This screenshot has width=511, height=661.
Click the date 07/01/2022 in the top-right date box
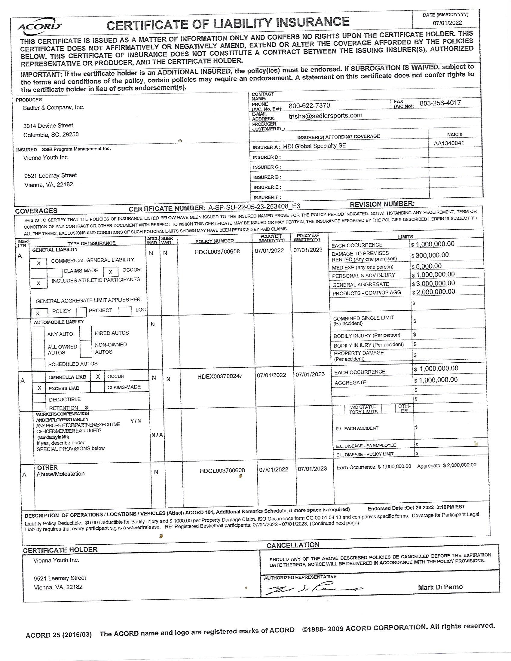(x=447, y=23)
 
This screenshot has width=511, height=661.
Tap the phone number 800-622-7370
(x=309, y=105)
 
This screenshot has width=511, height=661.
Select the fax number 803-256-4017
(x=440, y=103)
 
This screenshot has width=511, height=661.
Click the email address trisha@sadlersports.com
(x=326, y=115)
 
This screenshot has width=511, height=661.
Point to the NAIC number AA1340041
(x=449, y=143)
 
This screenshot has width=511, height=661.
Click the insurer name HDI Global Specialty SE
(x=314, y=146)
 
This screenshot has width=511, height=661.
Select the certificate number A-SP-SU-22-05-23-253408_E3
(x=254, y=206)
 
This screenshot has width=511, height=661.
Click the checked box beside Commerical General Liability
(x=39, y=263)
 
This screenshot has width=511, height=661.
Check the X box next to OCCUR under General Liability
(x=111, y=272)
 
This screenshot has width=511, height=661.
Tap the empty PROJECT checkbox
(x=81, y=312)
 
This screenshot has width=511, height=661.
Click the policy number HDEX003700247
(x=220, y=376)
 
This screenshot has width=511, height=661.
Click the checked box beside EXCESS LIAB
(x=39, y=388)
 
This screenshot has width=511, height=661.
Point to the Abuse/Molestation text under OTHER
(x=60, y=474)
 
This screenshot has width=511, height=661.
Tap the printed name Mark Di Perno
(x=440, y=587)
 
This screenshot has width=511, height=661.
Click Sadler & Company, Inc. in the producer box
(x=54, y=108)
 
